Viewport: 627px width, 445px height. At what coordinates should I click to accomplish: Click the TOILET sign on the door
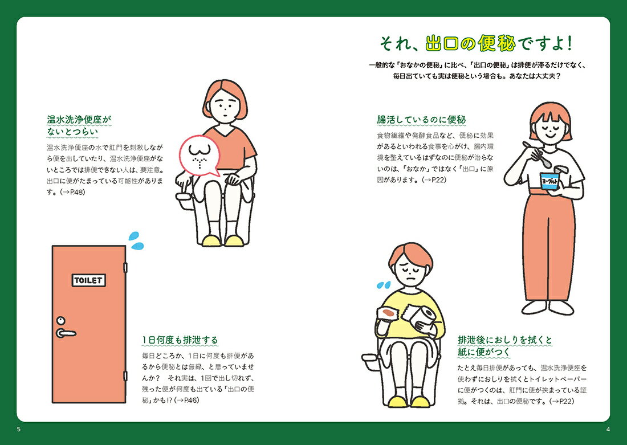(x=89, y=280)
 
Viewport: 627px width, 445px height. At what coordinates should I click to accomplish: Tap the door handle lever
(x=66, y=333)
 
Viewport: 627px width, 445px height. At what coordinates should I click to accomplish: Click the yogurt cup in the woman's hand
(x=550, y=182)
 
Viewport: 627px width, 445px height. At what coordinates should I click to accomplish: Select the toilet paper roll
(x=425, y=318)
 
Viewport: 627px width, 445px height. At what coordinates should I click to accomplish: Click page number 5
(x=19, y=430)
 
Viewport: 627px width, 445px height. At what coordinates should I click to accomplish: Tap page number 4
(x=608, y=430)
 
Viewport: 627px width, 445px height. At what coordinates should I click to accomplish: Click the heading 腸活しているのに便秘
(x=421, y=120)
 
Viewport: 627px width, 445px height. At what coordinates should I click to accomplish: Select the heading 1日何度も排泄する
(x=180, y=340)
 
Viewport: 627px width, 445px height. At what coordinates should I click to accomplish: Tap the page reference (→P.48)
(x=72, y=192)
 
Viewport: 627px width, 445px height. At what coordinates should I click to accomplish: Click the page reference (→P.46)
(x=186, y=400)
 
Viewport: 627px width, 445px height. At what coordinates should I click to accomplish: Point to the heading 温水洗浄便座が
(x=79, y=119)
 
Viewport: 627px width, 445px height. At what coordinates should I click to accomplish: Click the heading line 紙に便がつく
(x=484, y=352)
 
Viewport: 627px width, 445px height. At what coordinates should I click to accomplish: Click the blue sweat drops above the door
(x=136, y=240)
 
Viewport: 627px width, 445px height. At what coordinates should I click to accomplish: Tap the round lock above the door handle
(x=61, y=321)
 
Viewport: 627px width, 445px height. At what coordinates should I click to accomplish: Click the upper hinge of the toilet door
(x=125, y=267)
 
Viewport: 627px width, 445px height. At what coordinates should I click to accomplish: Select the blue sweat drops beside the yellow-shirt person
(x=384, y=285)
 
